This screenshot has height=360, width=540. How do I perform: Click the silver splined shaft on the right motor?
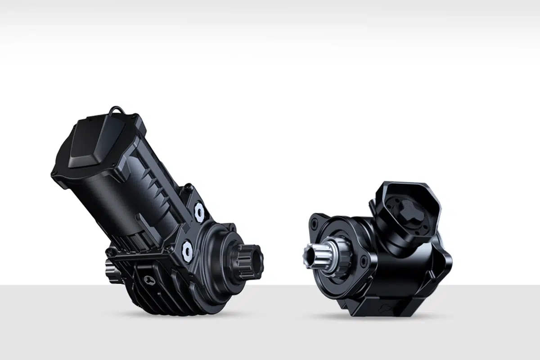[315, 255]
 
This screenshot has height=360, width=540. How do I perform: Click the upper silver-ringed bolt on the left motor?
[198, 210]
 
